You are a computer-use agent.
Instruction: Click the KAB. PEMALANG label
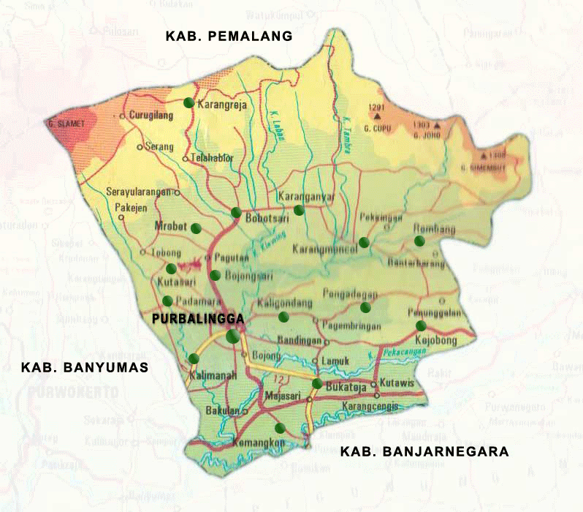tap(229, 36)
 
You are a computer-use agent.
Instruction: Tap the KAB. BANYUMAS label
tap(85, 367)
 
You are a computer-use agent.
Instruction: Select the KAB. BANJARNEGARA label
tap(424, 451)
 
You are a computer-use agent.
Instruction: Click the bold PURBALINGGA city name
tap(197, 319)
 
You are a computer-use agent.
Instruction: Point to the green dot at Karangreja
tap(188, 103)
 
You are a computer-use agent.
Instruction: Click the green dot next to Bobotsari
tap(236, 212)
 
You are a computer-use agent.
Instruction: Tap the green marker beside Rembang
tap(419, 241)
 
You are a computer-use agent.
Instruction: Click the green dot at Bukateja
tap(317, 383)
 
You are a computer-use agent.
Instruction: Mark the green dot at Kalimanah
tap(194, 358)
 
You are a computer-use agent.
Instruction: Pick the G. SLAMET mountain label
tap(68, 124)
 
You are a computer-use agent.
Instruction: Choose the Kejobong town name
tap(435, 341)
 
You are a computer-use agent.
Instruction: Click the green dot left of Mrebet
tap(196, 228)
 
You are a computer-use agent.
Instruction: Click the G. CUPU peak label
tap(377, 124)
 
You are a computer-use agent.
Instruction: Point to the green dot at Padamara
tap(168, 301)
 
